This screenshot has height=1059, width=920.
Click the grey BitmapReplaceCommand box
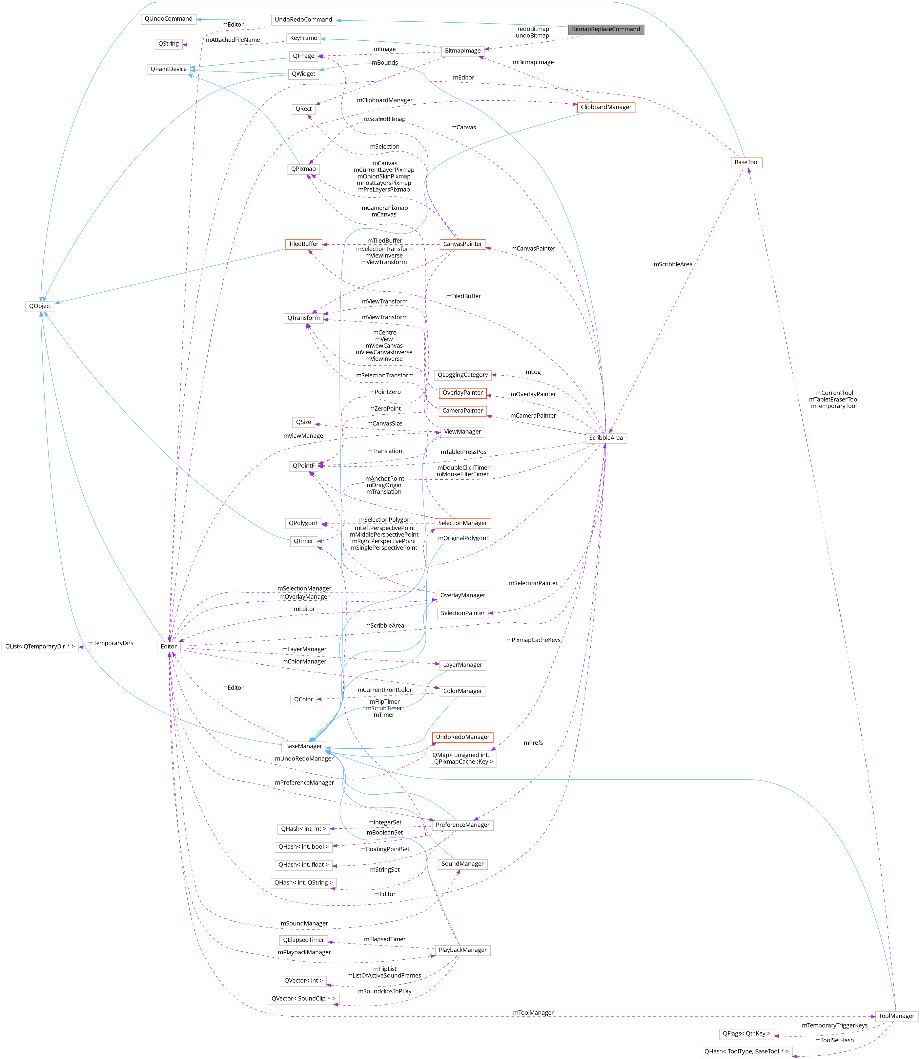coord(606,29)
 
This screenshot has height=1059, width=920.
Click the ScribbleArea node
coord(606,438)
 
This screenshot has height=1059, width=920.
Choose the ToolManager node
coord(896,1016)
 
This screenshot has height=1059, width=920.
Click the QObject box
coord(40,306)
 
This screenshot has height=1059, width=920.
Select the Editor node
coord(168,647)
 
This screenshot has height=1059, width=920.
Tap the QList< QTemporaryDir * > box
coord(40,647)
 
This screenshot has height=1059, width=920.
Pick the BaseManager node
coord(303,746)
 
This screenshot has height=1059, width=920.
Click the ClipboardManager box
coord(606,107)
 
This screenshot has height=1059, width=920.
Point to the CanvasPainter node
coord(462,244)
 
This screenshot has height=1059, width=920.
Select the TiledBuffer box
coord(303,244)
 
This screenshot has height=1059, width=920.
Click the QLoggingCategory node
coord(462,375)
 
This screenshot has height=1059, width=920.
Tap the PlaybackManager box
coord(462,950)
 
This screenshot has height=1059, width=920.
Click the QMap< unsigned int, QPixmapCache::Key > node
coord(462,758)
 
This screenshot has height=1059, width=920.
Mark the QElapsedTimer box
coord(303,940)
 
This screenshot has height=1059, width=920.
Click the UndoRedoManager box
coord(462,737)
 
